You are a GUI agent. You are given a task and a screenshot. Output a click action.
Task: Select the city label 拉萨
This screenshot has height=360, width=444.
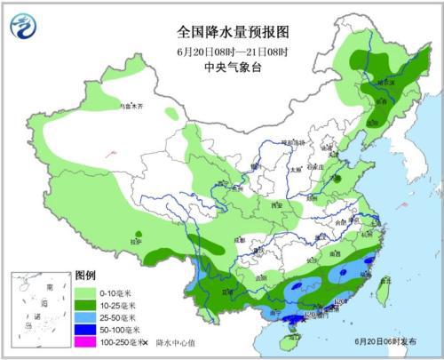(135, 241)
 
